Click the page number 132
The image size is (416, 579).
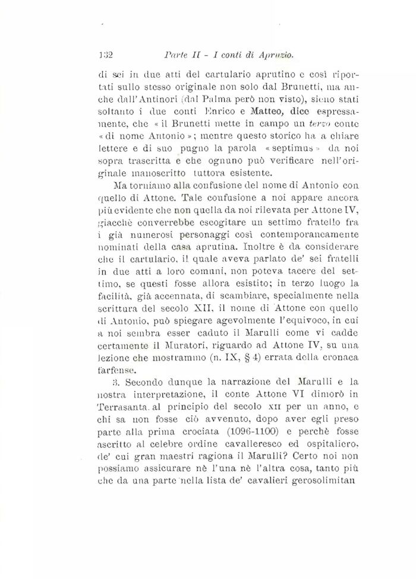coord(106,55)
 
